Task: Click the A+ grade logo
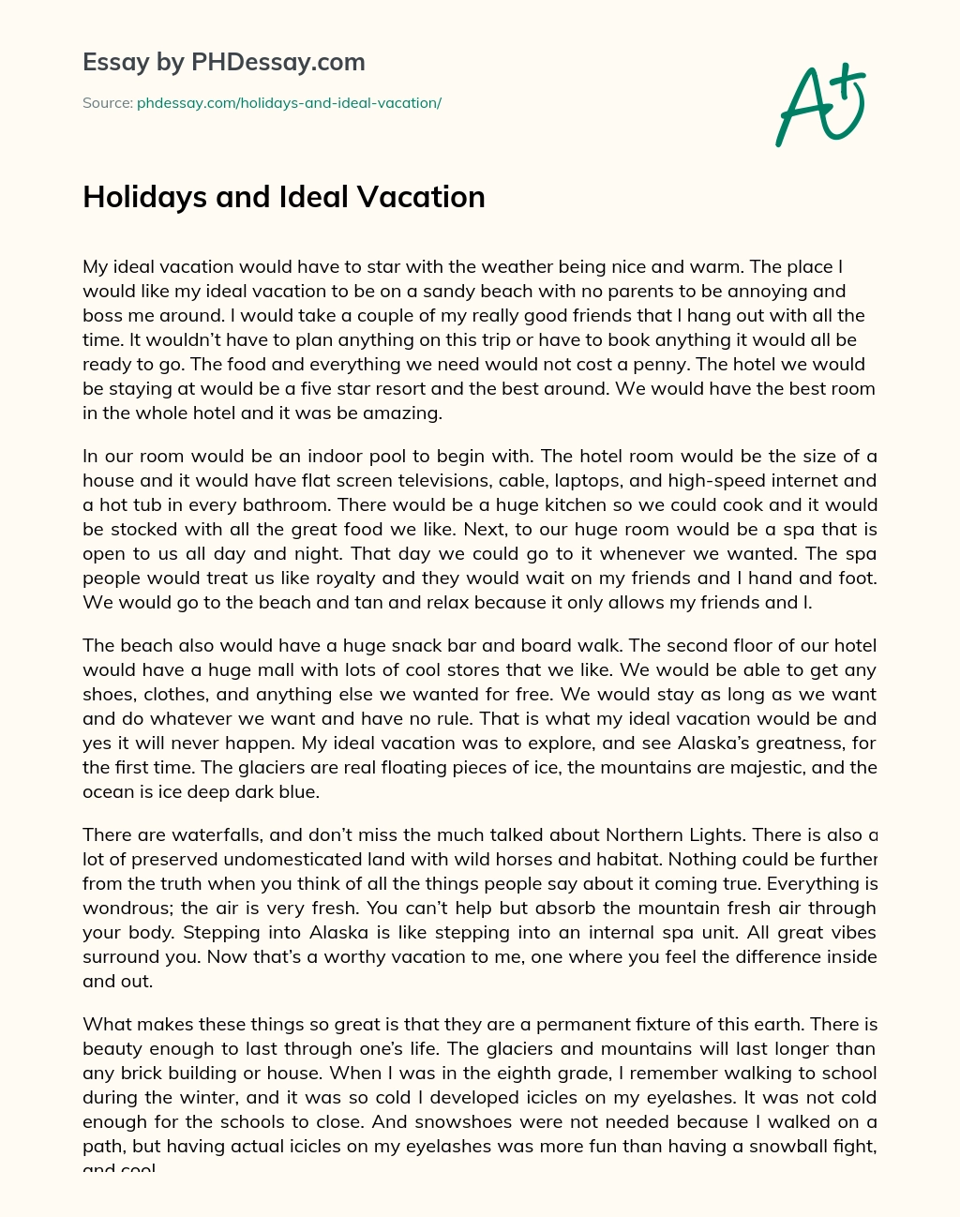[x=820, y=105]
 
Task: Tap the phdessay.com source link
[x=289, y=103]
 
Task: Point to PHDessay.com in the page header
[x=277, y=63]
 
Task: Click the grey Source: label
[x=107, y=103]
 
